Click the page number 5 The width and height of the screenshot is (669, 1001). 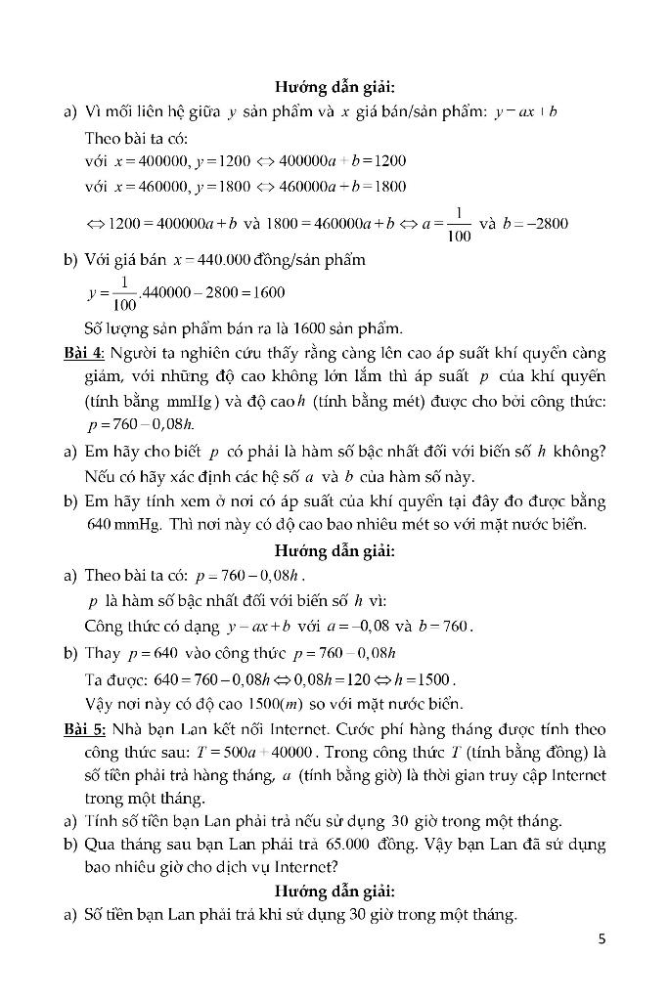[602, 939]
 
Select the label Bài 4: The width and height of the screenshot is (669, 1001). [83, 352]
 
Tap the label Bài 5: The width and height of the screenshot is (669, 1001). [83, 729]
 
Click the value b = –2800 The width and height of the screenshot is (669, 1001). [536, 223]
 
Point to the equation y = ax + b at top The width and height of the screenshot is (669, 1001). [525, 112]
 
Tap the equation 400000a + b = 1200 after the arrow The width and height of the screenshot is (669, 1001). [343, 161]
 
